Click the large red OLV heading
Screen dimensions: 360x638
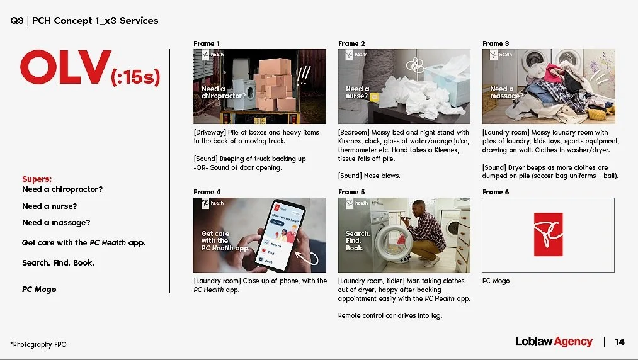(65, 67)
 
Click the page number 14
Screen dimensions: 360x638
(620, 342)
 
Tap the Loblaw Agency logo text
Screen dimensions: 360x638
(554, 342)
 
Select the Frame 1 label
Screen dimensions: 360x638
(207, 43)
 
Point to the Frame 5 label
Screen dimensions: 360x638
(351, 192)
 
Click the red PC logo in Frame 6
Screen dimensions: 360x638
(548, 234)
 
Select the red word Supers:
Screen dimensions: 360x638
(37, 179)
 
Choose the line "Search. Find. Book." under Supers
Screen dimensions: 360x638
(58, 262)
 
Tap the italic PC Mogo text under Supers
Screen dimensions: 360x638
(39, 290)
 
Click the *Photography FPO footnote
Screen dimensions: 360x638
(38, 344)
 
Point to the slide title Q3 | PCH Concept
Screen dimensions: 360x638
(84, 21)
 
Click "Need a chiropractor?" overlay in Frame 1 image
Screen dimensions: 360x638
(223, 93)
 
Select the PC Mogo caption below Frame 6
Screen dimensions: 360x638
(496, 281)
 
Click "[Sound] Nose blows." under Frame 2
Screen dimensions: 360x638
(368, 176)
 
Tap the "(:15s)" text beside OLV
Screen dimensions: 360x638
(135, 79)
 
